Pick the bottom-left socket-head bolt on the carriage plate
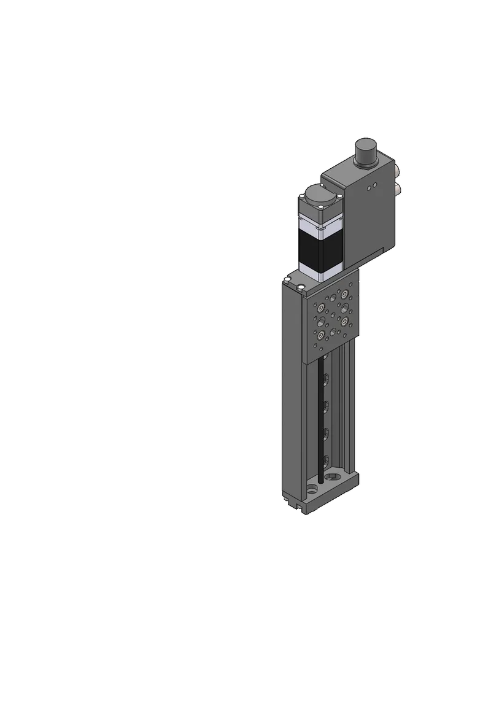[x=320, y=335]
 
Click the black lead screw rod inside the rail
[x=320, y=417]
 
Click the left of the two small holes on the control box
[x=369, y=188]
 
